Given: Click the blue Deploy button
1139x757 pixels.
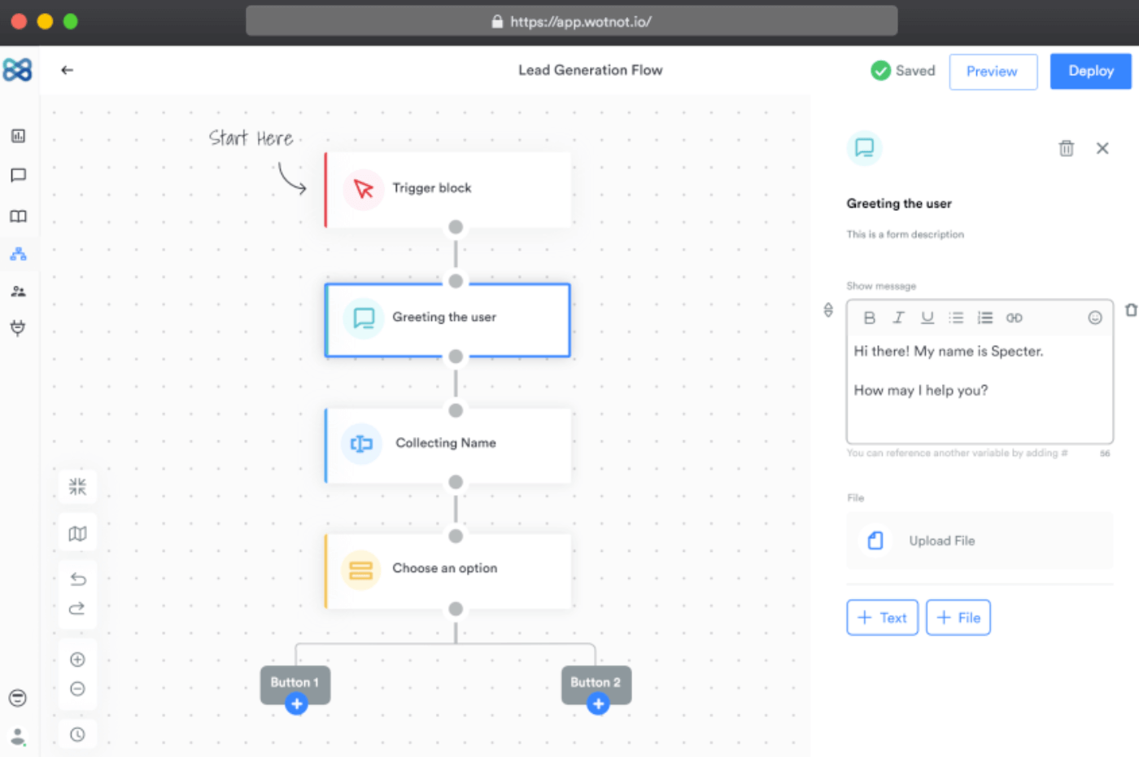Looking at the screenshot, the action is click(x=1091, y=72).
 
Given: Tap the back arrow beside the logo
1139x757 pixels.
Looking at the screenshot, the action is click(x=67, y=70).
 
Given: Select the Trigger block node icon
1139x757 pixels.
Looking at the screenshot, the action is click(x=363, y=189).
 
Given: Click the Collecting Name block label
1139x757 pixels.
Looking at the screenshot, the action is click(x=446, y=443).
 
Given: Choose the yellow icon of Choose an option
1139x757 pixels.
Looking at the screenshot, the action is click(x=361, y=570).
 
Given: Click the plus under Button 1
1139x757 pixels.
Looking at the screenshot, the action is click(x=296, y=704).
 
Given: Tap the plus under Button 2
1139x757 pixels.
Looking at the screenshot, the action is click(x=598, y=704).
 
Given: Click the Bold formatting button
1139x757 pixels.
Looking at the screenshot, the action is click(x=870, y=318).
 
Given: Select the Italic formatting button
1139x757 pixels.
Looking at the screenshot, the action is click(x=898, y=318).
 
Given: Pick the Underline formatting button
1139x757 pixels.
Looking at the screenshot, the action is click(x=927, y=318).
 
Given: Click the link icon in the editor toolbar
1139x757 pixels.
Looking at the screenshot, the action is click(x=1014, y=318).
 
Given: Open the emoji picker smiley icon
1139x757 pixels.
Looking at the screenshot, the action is click(x=1095, y=318).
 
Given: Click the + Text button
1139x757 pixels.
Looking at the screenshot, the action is click(x=882, y=618).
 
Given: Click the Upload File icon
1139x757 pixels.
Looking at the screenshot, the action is click(x=875, y=540).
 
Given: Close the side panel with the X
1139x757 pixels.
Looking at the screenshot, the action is click(x=1102, y=148).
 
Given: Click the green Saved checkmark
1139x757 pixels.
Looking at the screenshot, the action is click(x=880, y=71).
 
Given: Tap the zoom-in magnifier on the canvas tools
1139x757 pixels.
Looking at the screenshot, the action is click(x=77, y=660).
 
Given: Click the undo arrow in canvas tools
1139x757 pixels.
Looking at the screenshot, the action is click(x=78, y=579).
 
